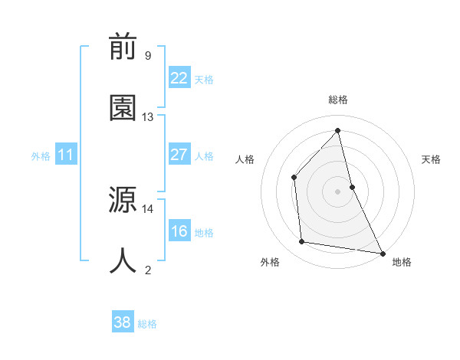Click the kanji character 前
123,47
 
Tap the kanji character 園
123,108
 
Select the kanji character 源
123,201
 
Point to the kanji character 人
123,261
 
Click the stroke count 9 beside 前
148,56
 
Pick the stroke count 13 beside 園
148,117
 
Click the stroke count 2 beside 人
148,270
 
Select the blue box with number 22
179,78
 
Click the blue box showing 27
179,155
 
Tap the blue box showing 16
179,231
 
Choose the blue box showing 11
66,155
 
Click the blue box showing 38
123,322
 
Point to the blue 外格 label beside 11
41,155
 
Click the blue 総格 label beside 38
147,324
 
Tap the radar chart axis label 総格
338,100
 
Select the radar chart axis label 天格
432,159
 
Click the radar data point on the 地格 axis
382,253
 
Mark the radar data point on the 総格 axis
338,130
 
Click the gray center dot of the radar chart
338,191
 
